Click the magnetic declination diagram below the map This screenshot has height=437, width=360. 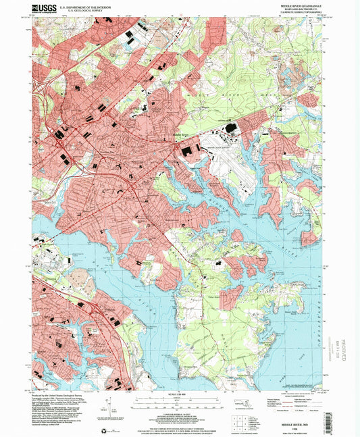pos(108,409)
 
